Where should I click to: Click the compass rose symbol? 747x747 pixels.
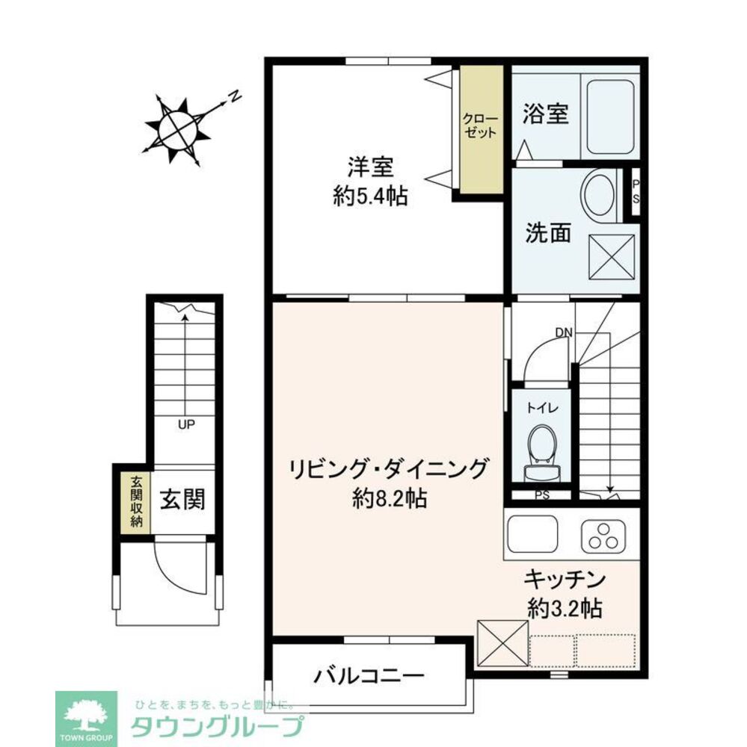(x=177, y=129)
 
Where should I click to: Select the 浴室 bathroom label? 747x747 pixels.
(x=546, y=114)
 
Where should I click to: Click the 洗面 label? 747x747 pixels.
(x=547, y=234)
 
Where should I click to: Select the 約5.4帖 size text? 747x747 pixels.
(x=370, y=196)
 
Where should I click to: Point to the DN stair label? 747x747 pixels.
(x=563, y=332)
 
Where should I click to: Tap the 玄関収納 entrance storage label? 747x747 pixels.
(x=137, y=500)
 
